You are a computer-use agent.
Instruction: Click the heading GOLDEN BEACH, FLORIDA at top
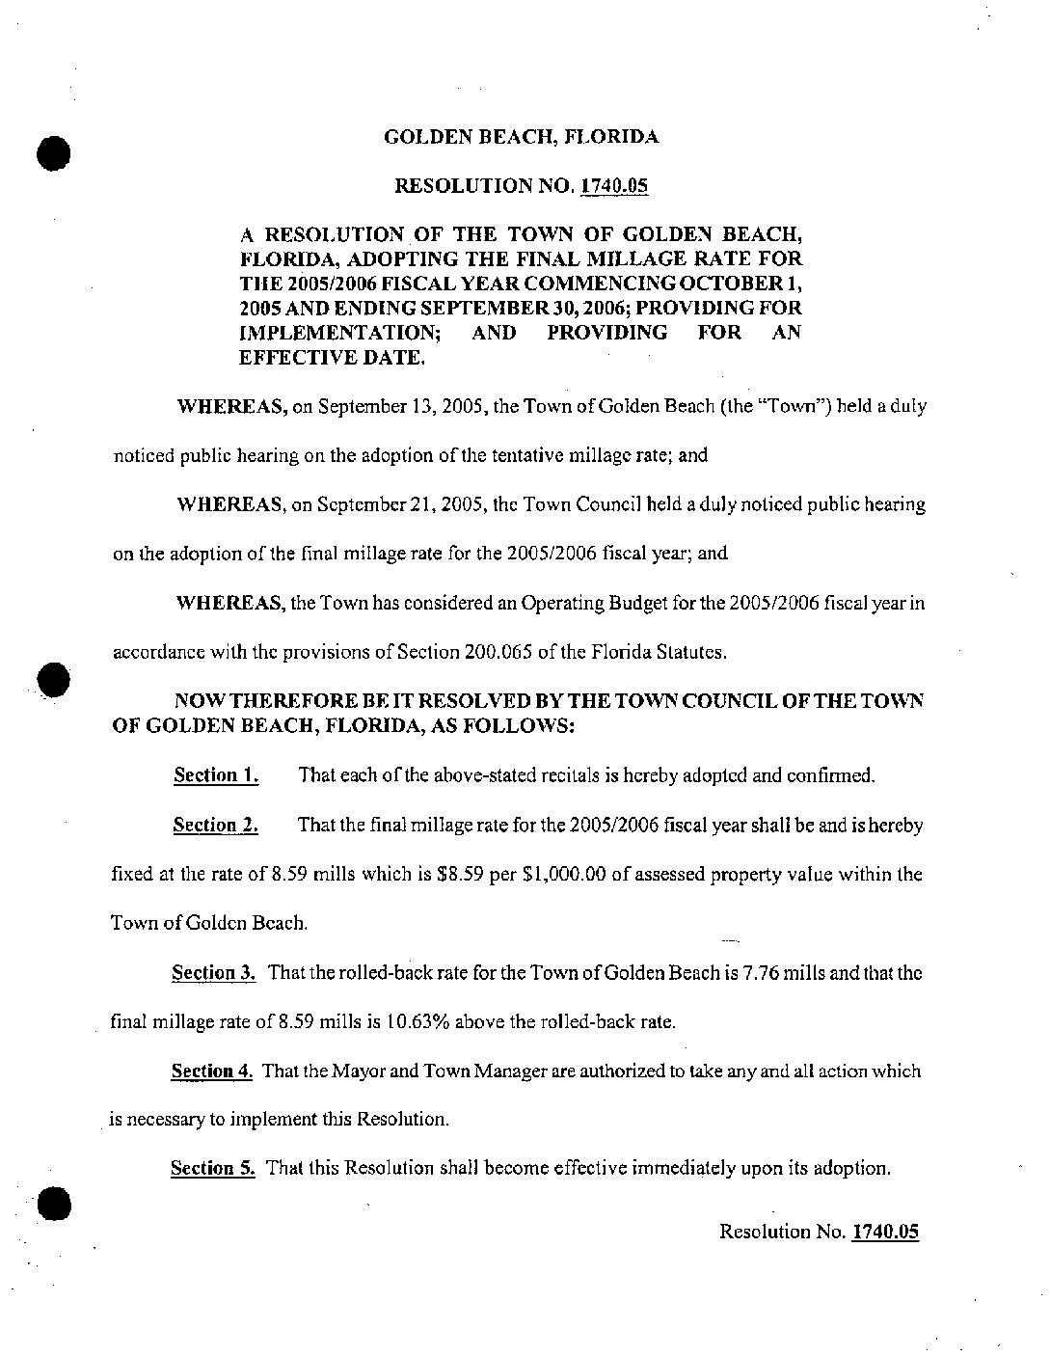pyautogui.click(x=522, y=137)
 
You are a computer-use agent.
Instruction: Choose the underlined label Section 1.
pyautogui.click(x=215, y=775)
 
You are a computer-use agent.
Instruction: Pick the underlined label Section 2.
pyautogui.click(x=215, y=826)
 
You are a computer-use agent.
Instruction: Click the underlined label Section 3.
pyautogui.click(x=214, y=973)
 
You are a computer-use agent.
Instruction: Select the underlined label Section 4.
pyautogui.click(x=212, y=1071)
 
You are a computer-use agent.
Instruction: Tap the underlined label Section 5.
pyautogui.click(x=212, y=1169)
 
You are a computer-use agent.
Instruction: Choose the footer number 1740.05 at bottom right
pyautogui.click(x=885, y=1232)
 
